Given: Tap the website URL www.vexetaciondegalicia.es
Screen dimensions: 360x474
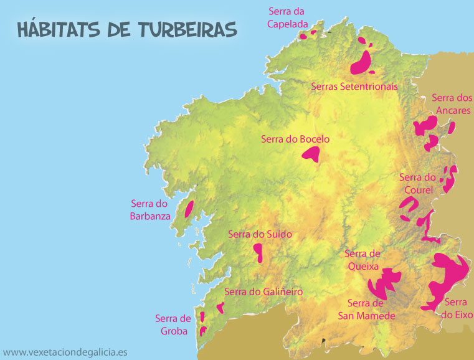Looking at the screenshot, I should click(x=65, y=352).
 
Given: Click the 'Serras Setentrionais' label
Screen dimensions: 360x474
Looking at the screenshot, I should click(x=354, y=86).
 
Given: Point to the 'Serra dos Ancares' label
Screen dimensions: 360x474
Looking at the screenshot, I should click(x=452, y=103).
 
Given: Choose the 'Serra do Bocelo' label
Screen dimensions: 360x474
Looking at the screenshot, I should click(x=296, y=139).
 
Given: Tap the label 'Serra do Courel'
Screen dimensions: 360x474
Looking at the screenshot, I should click(x=417, y=183).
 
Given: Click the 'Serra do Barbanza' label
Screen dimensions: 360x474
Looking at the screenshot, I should click(x=150, y=209).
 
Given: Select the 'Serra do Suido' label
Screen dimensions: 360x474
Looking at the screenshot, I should click(x=260, y=234).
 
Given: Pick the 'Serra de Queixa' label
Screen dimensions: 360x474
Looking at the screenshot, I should click(x=362, y=260).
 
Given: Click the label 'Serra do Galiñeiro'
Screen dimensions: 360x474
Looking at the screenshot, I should click(x=263, y=291).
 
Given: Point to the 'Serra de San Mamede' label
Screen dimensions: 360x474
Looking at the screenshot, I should click(x=367, y=310).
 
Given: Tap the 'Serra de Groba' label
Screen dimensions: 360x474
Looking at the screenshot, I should click(x=173, y=324).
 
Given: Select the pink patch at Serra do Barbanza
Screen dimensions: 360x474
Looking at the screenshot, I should click(x=189, y=210).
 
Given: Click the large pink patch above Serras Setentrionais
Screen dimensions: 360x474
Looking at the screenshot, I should click(x=361, y=63).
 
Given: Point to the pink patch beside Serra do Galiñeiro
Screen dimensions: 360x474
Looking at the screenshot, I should click(x=220, y=306).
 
